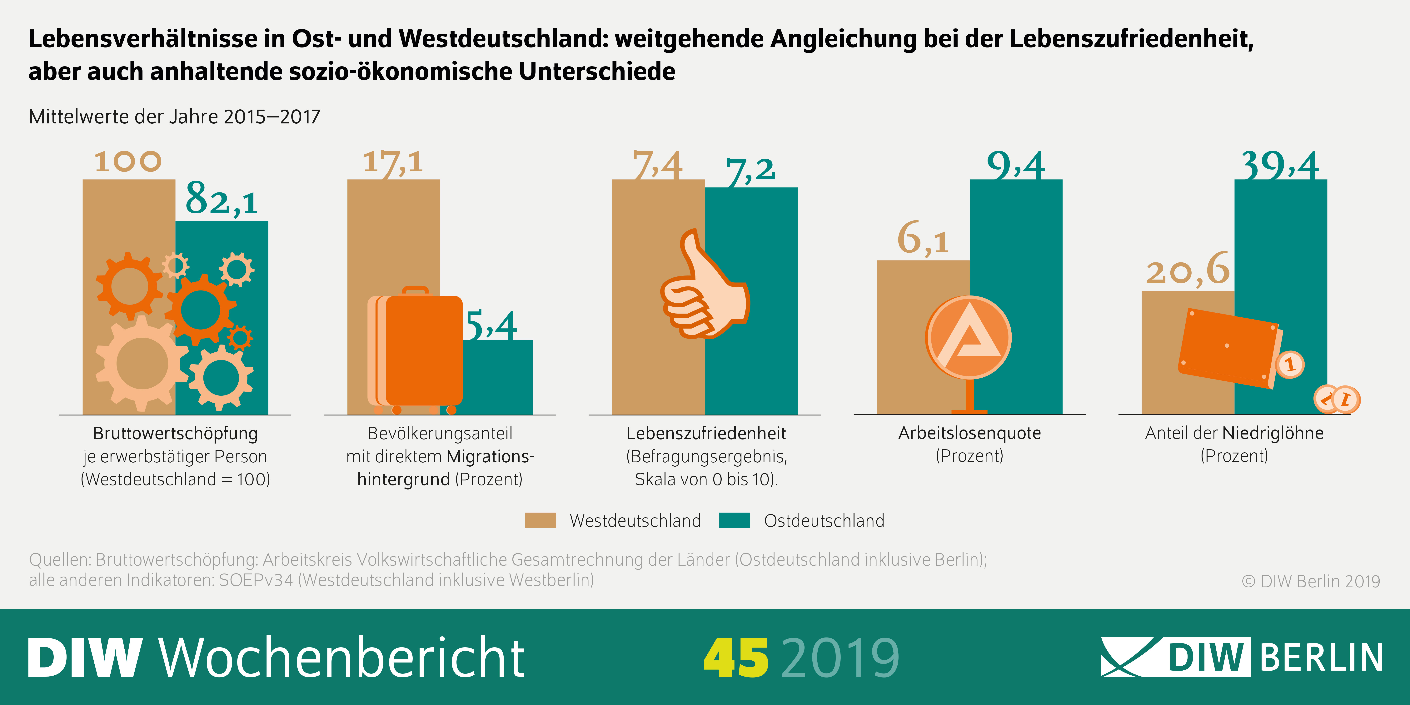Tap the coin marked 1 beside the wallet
pyautogui.click(x=1290, y=365)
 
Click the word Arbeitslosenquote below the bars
pyautogui.click(x=969, y=433)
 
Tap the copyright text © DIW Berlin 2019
pyautogui.click(x=1311, y=581)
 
